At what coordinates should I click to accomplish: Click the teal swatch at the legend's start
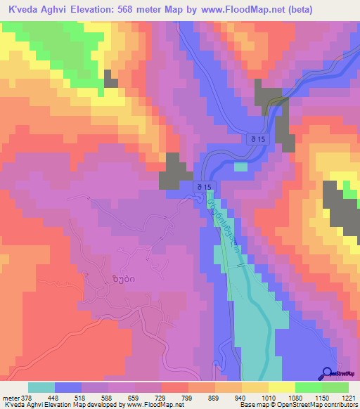(x=41, y=387)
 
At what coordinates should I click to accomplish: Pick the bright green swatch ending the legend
(x=335, y=387)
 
